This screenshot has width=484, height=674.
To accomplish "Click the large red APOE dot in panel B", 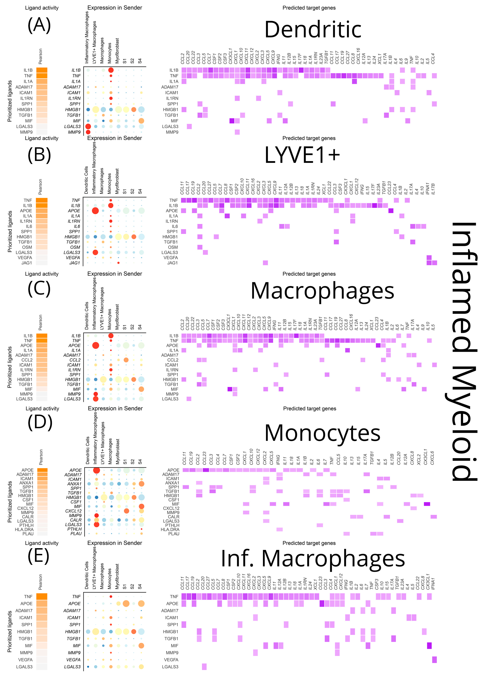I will click(95, 211).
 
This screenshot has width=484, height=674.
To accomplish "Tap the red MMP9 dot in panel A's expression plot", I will click(88, 132).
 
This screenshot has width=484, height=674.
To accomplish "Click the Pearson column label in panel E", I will click(40, 582).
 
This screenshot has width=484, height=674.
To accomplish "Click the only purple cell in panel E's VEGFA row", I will click(434, 659).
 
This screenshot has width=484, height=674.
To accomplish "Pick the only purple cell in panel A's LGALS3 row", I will click(189, 126).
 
